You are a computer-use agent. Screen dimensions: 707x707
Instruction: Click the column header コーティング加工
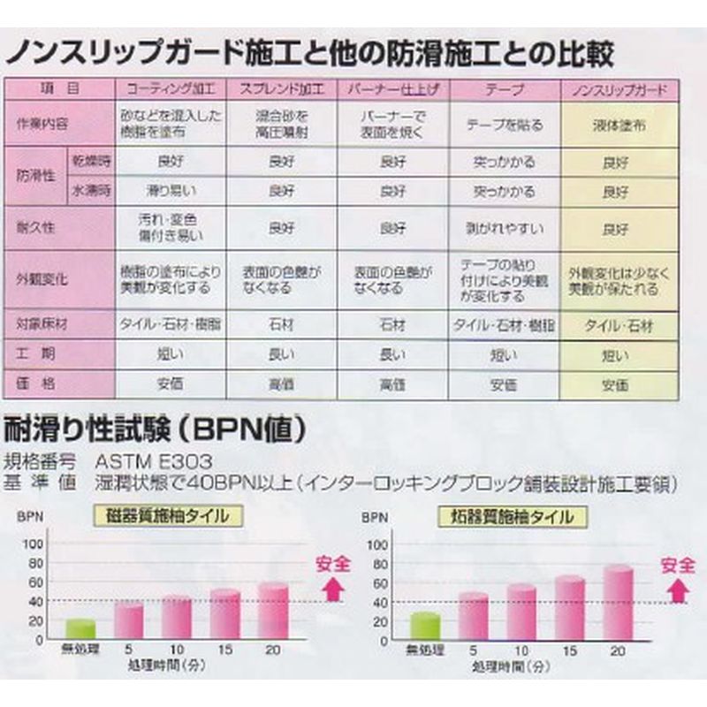click(171, 90)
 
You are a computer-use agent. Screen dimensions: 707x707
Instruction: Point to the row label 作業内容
click(42, 125)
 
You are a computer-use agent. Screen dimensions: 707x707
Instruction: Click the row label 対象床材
click(42, 324)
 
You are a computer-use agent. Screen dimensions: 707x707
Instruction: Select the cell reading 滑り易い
click(171, 190)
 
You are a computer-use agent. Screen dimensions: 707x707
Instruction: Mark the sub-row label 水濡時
click(91, 190)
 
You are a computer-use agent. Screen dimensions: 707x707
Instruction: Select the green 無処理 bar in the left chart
click(80, 628)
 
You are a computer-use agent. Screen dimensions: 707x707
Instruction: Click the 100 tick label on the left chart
click(34, 543)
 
